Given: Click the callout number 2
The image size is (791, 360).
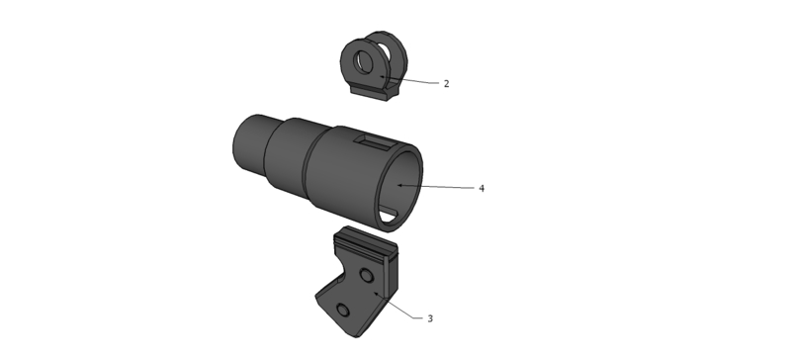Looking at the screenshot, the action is [447, 84].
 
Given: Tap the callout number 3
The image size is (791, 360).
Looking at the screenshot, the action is [430, 318].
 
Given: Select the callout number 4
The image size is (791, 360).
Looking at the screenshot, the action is [482, 188].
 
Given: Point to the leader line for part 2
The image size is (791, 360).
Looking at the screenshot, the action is [409, 80].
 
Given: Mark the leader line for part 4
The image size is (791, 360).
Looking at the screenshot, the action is [436, 187].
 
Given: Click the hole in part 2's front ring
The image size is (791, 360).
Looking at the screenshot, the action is [363, 62].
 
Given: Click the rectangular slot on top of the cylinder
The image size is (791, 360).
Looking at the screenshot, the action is [375, 141].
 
